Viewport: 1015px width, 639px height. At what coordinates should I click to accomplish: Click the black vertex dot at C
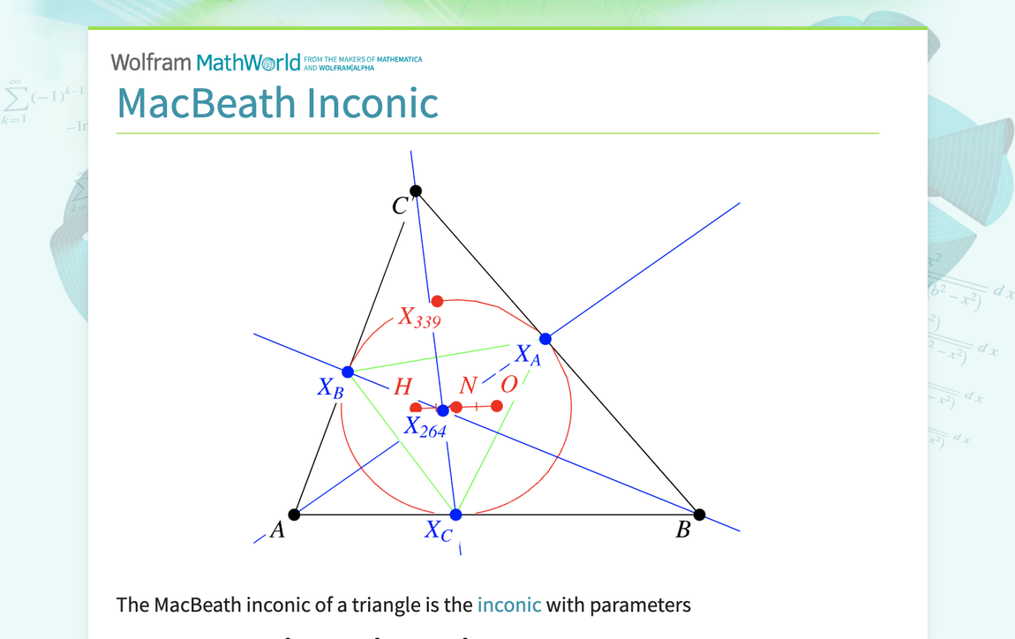(416, 191)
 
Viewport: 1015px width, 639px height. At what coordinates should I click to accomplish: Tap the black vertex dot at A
(295, 515)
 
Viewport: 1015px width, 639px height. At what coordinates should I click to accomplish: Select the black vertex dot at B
(699, 515)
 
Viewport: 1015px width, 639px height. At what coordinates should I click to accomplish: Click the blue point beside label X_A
(545, 339)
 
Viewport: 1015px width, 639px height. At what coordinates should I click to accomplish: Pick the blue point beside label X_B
(348, 372)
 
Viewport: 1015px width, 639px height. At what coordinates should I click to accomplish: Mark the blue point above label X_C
(455, 515)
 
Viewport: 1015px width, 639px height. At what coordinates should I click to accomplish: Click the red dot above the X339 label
(437, 301)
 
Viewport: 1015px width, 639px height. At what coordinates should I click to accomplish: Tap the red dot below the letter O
(497, 406)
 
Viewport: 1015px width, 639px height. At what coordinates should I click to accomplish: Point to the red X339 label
(419, 318)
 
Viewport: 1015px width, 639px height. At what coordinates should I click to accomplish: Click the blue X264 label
(425, 428)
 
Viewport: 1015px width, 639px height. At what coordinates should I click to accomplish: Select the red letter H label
(402, 387)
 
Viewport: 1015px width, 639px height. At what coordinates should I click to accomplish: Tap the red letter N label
(468, 386)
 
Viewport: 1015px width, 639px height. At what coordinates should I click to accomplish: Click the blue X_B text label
(331, 388)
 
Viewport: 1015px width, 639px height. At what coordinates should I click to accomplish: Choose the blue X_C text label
(439, 530)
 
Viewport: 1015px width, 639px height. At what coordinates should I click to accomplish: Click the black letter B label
(683, 530)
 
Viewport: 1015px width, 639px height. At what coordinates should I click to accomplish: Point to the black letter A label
(277, 530)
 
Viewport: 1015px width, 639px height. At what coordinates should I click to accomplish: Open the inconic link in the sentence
(509, 605)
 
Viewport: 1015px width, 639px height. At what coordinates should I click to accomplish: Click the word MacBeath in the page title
(207, 102)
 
